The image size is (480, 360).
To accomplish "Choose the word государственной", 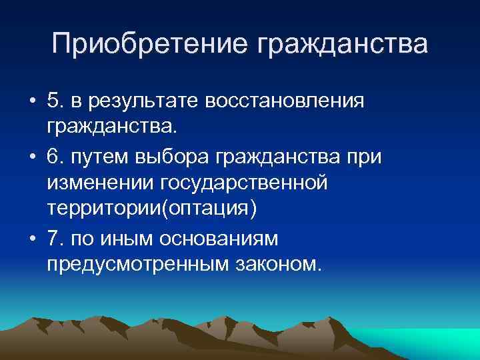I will coord(251,182).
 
